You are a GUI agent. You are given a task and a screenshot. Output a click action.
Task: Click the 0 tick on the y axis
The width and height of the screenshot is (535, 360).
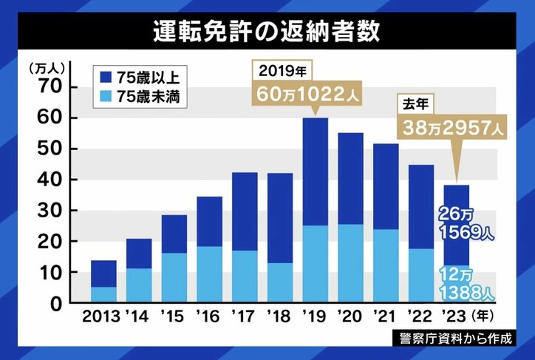54,304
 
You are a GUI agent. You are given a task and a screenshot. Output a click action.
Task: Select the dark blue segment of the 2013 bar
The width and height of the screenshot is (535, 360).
103,274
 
